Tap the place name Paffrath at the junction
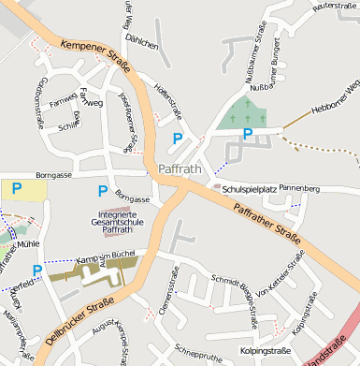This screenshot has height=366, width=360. [x=180, y=169]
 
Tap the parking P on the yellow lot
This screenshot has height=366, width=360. [x=16, y=188]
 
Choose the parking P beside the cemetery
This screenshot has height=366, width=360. [x=247, y=135]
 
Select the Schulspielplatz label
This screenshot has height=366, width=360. [x=249, y=188]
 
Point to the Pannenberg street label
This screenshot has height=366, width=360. [x=299, y=189]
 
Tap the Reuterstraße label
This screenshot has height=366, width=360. [x=336, y=7]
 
